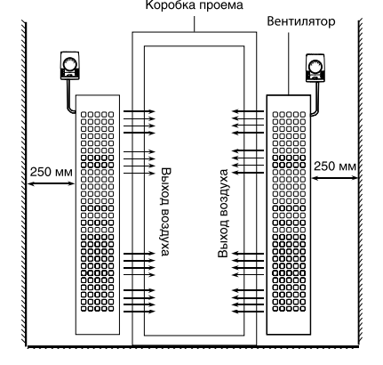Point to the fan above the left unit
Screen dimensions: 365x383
[x=68, y=63]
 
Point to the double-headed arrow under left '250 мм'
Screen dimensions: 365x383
[x=50, y=184]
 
